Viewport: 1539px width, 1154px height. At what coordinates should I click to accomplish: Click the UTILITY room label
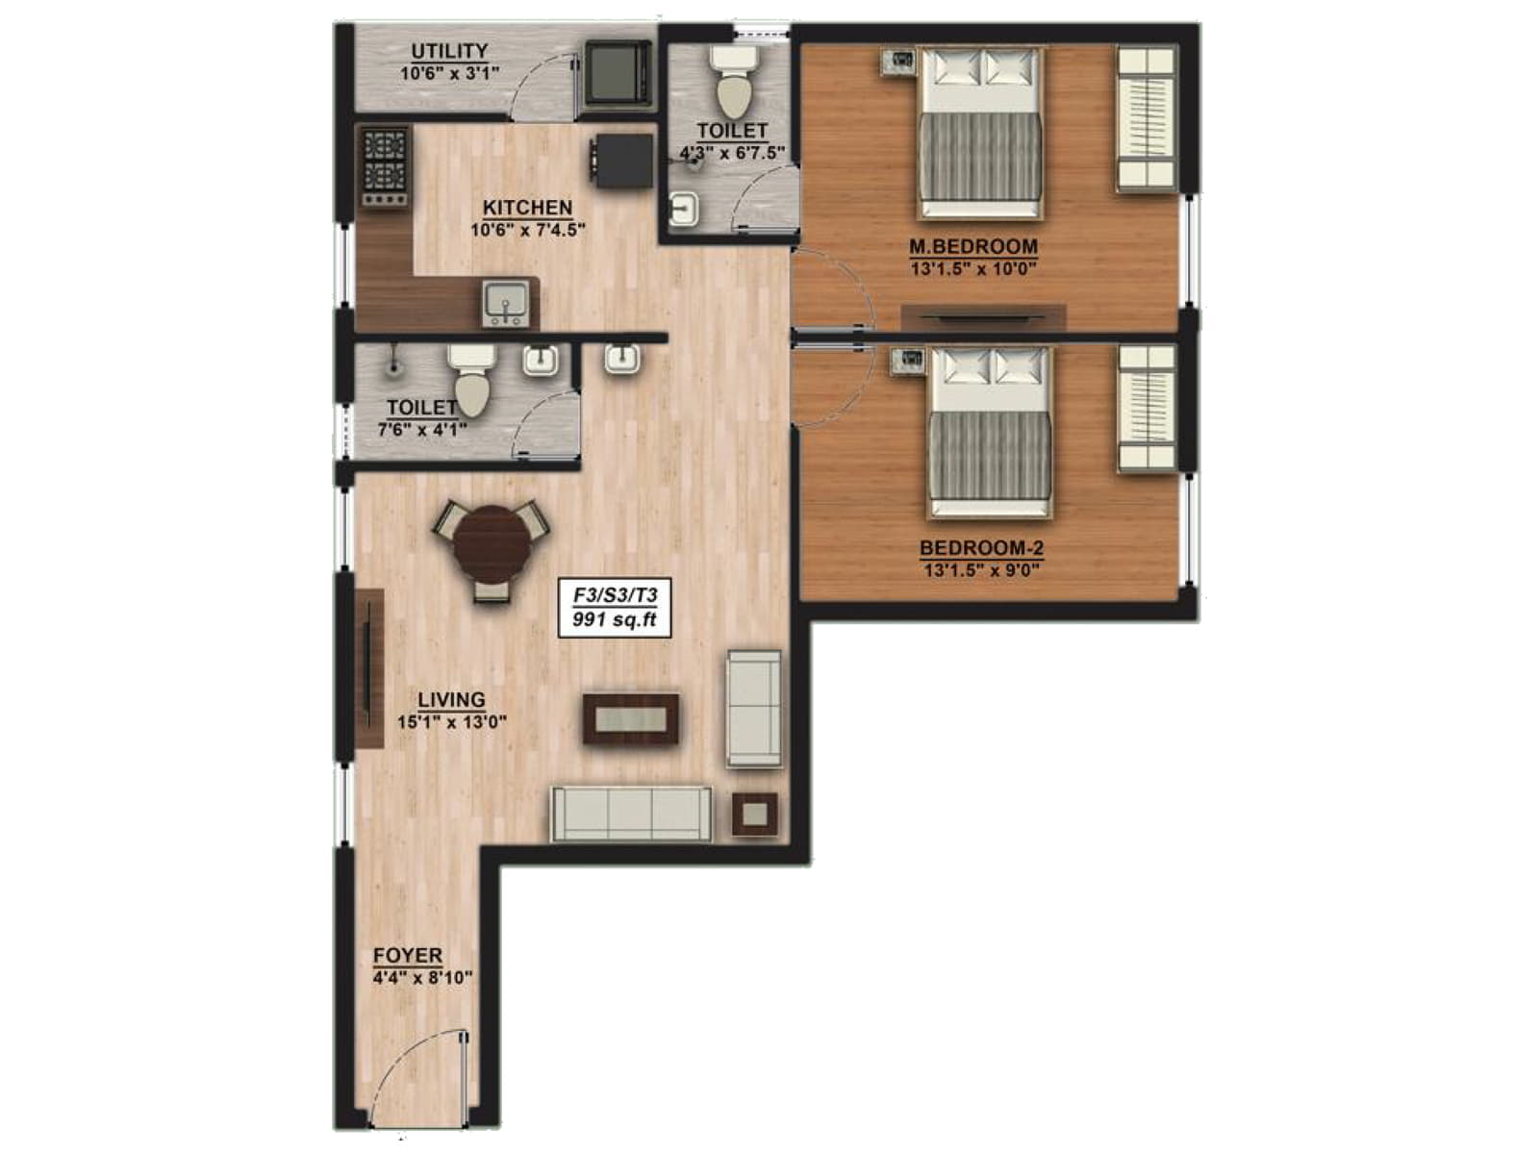(x=449, y=51)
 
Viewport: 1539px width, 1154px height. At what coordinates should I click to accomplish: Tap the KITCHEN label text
(x=527, y=208)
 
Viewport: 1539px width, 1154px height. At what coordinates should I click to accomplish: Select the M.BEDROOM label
(x=972, y=247)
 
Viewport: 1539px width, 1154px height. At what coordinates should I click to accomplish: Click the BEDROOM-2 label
(x=981, y=548)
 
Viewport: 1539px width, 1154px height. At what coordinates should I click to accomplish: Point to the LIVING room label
(x=451, y=700)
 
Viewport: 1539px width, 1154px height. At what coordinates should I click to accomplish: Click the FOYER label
(x=408, y=956)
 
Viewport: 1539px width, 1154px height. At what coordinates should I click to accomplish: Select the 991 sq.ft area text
(x=614, y=620)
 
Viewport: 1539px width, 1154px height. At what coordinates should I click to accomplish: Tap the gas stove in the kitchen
(x=385, y=165)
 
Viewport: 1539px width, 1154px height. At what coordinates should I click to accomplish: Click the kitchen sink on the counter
(x=504, y=301)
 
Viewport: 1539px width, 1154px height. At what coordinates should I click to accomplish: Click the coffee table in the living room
(x=631, y=718)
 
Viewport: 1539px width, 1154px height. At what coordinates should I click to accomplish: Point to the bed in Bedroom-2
(x=989, y=432)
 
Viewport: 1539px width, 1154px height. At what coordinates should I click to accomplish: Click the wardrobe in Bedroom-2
(x=1146, y=409)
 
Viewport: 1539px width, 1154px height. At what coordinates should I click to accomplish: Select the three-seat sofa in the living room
(x=631, y=814)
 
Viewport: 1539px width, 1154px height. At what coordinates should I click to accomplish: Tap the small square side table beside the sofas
(x=755, y=815)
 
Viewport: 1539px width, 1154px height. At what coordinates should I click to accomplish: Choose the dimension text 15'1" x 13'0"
(x=451, y=722)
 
